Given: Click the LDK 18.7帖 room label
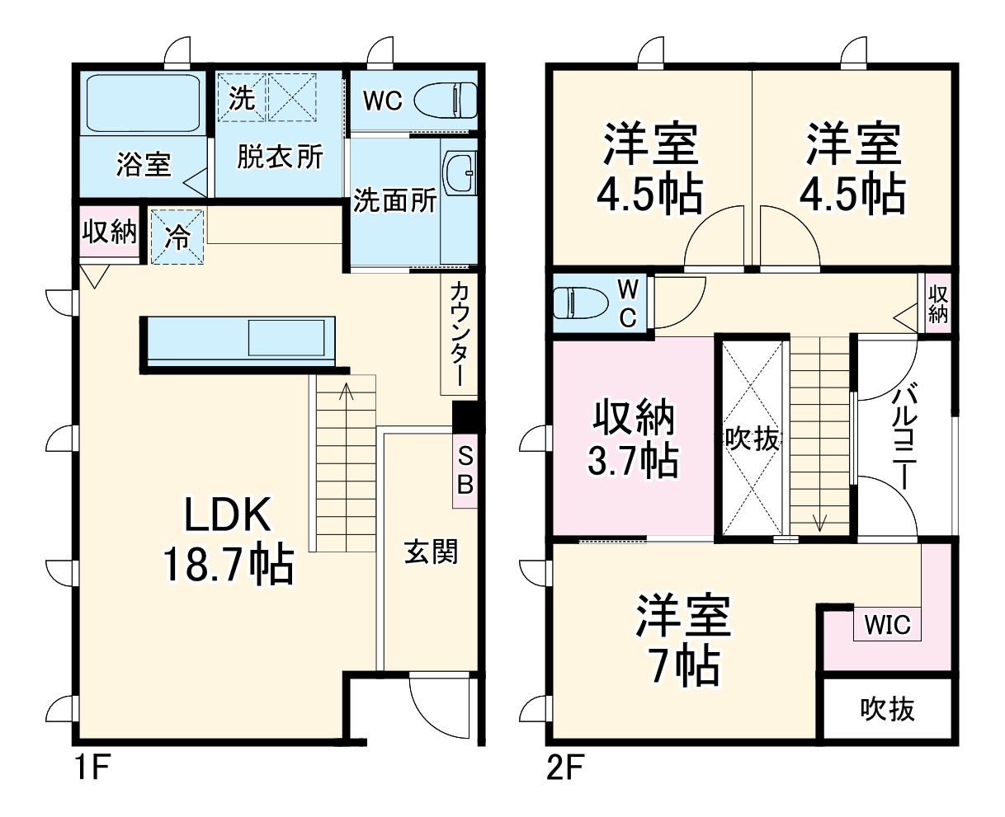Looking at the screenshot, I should (x=227, y=540).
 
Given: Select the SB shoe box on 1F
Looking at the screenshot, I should (x=465, y=470).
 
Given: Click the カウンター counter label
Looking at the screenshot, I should (x=460, y=335).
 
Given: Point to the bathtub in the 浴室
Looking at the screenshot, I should (x=144, y=104).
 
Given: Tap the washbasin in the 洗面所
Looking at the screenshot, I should (x=459, y=174).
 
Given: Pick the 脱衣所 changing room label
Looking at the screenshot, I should (x=281, y=157).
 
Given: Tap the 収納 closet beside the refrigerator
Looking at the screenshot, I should (x=109, y=233).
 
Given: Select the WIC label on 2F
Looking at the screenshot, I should (x=886, y=625).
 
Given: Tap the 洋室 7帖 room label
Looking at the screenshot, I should (x=682, y=641).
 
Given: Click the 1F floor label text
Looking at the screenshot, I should (x=92, y=770).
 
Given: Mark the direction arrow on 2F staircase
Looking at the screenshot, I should (x=819, y=522).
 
